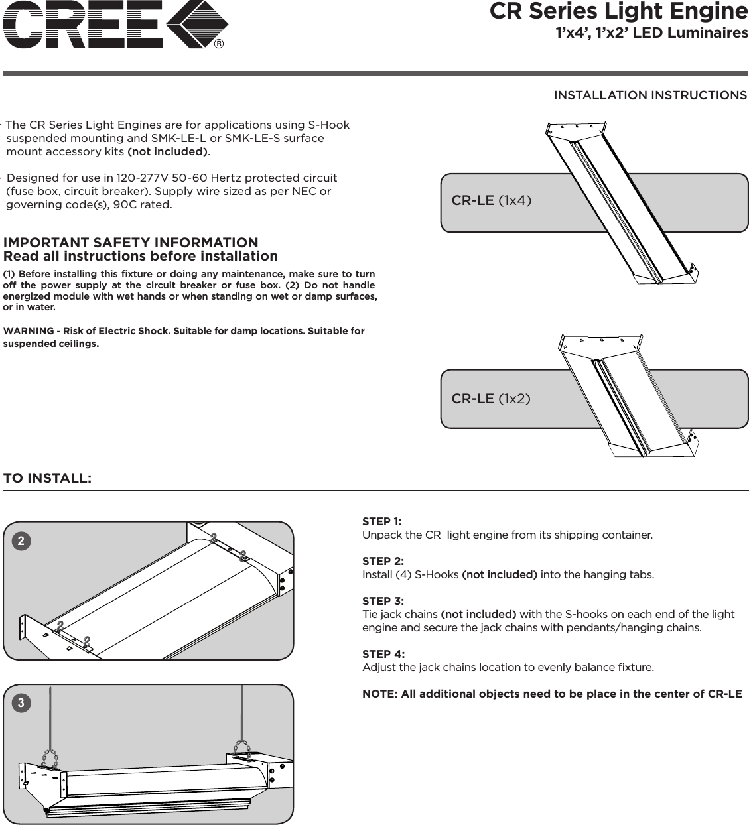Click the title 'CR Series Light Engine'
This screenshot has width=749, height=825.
[618, 11]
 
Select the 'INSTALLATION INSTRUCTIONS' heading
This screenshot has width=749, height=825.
[649, 95]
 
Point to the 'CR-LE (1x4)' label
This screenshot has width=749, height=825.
[491, 200]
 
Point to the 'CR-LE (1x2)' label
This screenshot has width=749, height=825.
[491, 399]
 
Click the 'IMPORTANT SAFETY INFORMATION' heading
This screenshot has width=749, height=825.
[131, 243]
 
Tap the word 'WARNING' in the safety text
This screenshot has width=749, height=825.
[29, 331]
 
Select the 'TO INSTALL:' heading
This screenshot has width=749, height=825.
[47, 478]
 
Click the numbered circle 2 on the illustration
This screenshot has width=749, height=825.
[21, 541]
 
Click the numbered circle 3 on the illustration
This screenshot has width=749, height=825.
[21, 703]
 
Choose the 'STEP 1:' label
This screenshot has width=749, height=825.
[381, 521]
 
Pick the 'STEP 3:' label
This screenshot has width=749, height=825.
[382, 601]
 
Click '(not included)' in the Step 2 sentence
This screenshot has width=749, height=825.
[499, 574]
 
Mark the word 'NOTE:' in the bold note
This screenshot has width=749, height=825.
[379, 694]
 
